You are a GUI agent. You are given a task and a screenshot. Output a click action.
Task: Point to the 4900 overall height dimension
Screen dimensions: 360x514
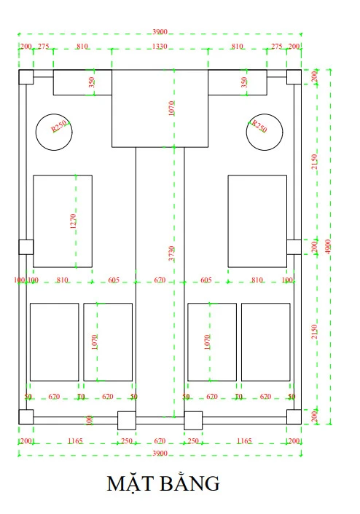coord(328,247)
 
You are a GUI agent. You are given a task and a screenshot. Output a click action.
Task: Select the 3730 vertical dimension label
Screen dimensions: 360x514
coord(171,253)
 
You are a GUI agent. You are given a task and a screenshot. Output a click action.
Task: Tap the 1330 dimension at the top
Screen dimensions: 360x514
coord(160,46)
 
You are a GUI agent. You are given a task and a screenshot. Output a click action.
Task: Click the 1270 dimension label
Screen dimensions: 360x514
coord(73,221)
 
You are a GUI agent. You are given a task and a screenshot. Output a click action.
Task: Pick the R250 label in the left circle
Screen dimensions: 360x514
coord(59,126)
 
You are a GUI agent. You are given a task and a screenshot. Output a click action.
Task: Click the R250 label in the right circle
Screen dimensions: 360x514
coord(259,126)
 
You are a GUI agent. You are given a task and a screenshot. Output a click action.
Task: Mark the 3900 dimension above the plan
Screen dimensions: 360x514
coord(160,32)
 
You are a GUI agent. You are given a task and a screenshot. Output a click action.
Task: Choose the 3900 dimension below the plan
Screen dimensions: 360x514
coord(160,454)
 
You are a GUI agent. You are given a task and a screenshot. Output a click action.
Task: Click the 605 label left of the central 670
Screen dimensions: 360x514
coord(114,280)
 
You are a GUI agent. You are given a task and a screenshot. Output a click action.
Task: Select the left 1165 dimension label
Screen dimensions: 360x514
coord(75,441)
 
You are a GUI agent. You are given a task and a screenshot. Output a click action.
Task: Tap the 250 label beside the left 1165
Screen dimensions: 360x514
coord(127,441)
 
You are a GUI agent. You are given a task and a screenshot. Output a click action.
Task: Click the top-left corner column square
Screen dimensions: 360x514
coord(26,77)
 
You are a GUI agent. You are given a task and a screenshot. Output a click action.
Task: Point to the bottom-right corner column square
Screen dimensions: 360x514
coord(294,417)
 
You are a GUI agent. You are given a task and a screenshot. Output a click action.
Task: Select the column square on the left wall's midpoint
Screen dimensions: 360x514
coord(26,247)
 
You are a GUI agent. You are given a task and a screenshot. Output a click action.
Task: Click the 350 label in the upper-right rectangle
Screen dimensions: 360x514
coord(243,82)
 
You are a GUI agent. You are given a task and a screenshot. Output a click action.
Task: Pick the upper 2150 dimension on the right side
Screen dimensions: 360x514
coord(314,162)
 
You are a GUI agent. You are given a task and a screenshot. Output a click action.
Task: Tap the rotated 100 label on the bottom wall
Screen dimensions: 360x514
coord(89,420)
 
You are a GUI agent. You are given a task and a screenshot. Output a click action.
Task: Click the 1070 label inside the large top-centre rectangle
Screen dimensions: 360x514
coord(171,108)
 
